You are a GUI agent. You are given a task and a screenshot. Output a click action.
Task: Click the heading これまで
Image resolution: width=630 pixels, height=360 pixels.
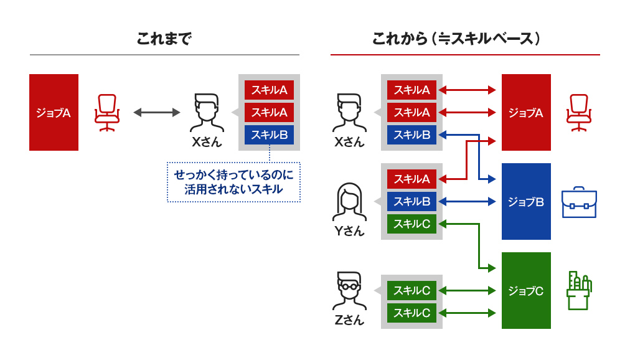point(164,39)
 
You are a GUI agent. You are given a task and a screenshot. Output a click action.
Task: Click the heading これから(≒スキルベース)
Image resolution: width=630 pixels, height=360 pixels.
point(456,39)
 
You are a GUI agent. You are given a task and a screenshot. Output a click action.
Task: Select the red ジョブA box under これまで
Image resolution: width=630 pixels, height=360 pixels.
point(54,113)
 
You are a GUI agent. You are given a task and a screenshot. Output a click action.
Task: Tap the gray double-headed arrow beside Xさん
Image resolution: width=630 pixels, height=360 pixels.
point(156,113)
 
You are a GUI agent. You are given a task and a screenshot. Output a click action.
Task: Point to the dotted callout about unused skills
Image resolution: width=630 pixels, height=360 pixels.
point(233,182)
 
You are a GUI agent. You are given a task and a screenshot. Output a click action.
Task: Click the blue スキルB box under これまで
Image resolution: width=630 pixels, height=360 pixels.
point(269,135)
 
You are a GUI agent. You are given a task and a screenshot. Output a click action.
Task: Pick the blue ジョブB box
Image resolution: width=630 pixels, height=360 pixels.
point(526,201)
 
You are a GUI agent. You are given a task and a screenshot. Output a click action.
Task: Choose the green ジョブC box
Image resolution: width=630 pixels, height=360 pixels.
point(526,290)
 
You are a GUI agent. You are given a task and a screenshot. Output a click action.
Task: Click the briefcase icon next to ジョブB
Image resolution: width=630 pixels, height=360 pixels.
point(578,202)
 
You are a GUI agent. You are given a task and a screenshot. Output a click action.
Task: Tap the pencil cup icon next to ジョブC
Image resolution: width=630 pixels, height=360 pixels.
point(578,290)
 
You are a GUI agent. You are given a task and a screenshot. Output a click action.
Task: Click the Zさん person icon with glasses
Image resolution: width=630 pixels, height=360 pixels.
point(349,290)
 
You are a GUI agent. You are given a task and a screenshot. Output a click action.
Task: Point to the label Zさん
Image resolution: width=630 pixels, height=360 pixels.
point(349,320)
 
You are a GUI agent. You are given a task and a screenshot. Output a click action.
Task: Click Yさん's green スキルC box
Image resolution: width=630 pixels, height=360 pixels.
point(411,224)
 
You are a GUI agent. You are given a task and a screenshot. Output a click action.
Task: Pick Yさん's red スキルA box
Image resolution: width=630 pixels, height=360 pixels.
point(411,179)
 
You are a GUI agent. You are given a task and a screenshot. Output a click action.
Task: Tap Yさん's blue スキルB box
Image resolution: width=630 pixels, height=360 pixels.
point(411,201)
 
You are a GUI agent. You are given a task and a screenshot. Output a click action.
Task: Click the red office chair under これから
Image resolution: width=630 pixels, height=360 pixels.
point(578,113)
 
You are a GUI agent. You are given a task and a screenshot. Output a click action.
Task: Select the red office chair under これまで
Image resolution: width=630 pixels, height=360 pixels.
point(106,113)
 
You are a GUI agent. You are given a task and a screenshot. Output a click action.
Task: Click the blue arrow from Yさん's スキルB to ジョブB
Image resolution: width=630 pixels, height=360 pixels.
point(467,201)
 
